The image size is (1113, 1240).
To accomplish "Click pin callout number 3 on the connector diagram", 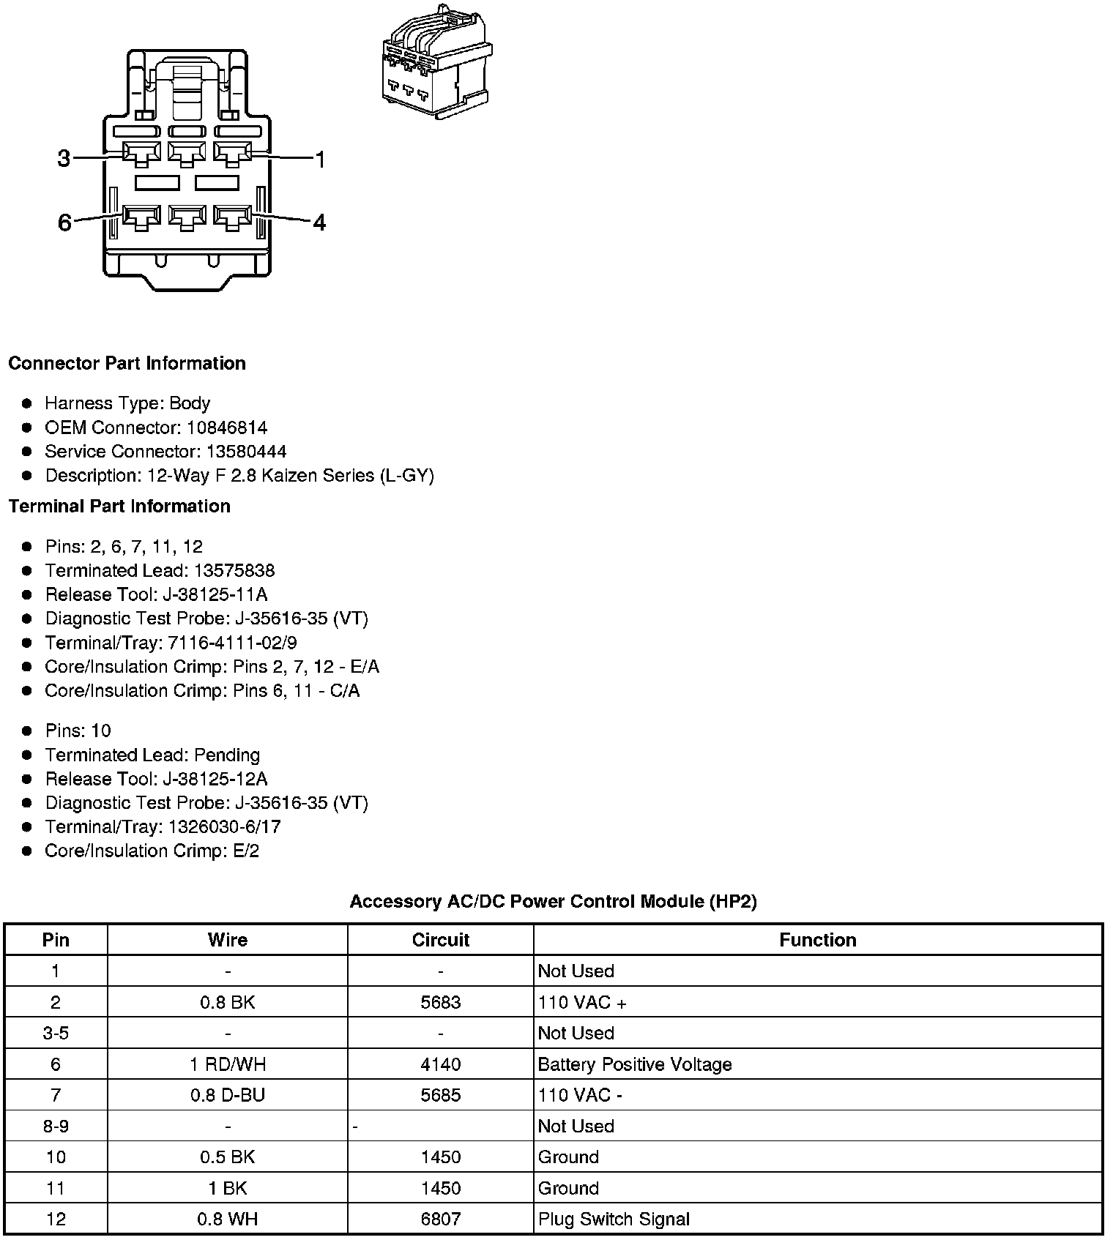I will pos(64,158).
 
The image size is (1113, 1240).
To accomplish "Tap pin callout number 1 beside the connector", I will pos(319,159).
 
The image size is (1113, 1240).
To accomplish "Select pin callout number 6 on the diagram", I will pos(64,222).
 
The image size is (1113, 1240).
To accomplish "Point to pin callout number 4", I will pos(319,222).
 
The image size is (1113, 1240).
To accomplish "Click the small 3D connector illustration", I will pos(436,64).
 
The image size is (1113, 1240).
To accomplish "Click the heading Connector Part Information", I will pos(127,364).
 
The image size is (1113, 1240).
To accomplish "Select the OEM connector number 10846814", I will pos(226,427).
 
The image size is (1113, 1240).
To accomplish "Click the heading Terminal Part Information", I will pos(119,507).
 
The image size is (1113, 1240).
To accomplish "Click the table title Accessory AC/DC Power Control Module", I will pos(553,901).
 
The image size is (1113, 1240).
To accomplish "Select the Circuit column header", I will pos(440,940).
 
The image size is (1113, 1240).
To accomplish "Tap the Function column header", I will pos(817,940).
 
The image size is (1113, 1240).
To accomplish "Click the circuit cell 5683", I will pos(440,1002).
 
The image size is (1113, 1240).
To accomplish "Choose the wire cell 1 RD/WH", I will pos(227,1064).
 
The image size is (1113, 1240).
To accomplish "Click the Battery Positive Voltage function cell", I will pos(634,1064).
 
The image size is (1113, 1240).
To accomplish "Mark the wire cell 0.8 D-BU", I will pos(227,1095).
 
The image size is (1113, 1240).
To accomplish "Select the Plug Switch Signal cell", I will pos(614,1220).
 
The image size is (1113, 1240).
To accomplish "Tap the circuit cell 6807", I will pos(440,1220).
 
